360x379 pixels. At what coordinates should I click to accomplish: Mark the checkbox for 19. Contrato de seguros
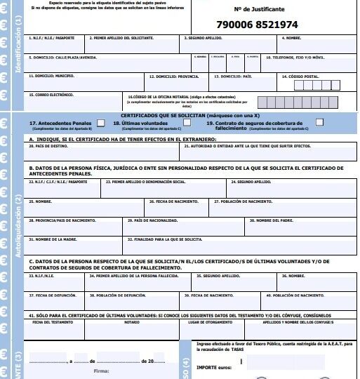click(x=319, y=122)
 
